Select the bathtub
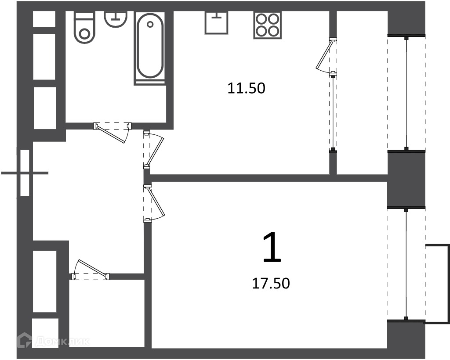(150, 48)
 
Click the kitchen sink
(216, 23)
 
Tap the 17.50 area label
(271, 283)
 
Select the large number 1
(272, 247)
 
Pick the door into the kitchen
(153, 150)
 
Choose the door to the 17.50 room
(153, 203)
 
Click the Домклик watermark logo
(54, 341)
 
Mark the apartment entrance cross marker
(25, 173)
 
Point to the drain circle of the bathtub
(150, 24)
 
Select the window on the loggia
(406, 93)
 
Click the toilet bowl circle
(84, 34)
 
